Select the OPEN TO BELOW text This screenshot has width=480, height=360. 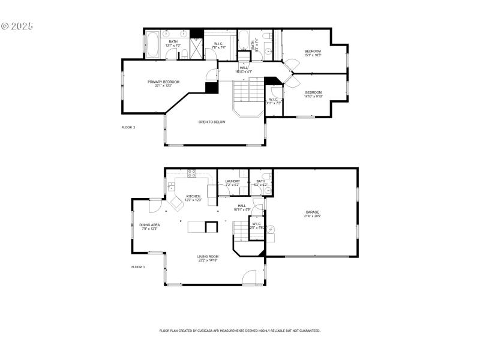tap(212, 122)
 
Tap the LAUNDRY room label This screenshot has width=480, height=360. tap(232, 182)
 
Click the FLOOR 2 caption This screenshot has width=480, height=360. tap(128, 127)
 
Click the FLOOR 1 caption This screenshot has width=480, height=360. tap(138, 266)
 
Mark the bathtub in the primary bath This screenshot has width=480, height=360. tap(152, 44)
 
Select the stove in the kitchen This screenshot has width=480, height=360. tap(192, 174)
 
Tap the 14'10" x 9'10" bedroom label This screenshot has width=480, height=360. tap(313, 94)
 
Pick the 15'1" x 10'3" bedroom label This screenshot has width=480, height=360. tap(313, 53)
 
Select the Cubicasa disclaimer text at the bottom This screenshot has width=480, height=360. tap(239, 331)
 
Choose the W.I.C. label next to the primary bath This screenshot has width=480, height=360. tap(219, 45)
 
